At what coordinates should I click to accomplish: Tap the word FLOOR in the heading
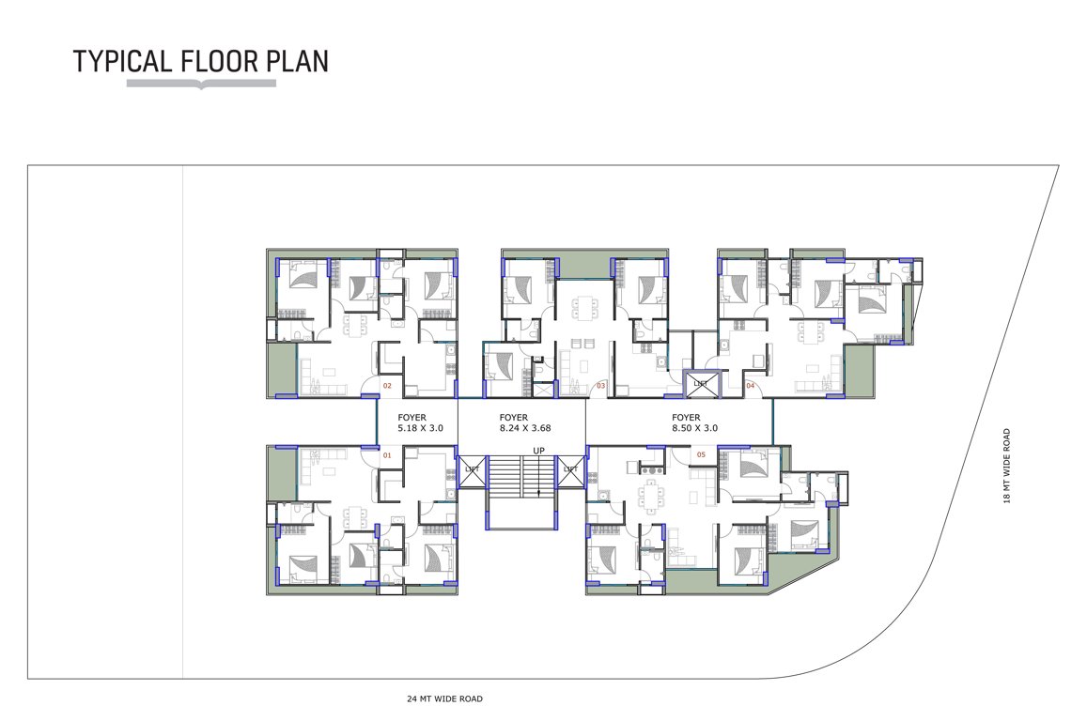click(x=212, y=61)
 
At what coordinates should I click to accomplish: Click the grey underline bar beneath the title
click(x=201, y=84)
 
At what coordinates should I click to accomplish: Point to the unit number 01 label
click(x=386, y=455)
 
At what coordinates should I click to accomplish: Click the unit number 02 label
click(x=386, y=385)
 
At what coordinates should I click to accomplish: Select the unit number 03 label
click(x=600, y=385)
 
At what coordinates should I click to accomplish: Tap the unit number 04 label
click(x=750, y=385)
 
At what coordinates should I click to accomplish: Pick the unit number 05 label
click(x=701, y=455)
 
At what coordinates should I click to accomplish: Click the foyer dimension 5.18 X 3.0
click(x=420, y=428)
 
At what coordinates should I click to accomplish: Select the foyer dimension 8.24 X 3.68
click(x=524, y=428)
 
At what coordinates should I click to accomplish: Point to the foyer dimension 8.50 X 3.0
click(x=696, y=428)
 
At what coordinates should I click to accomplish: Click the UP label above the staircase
click(x=538, y=451)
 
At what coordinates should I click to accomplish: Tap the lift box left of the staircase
click(x=472, y=469)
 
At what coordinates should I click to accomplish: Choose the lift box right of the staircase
click(x=570, y=469)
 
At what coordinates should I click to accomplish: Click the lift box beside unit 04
click(x=700, y=382)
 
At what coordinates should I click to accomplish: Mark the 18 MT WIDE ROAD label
click(x=1006, y=466)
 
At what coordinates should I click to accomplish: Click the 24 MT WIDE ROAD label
click(x=445, y=698)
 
